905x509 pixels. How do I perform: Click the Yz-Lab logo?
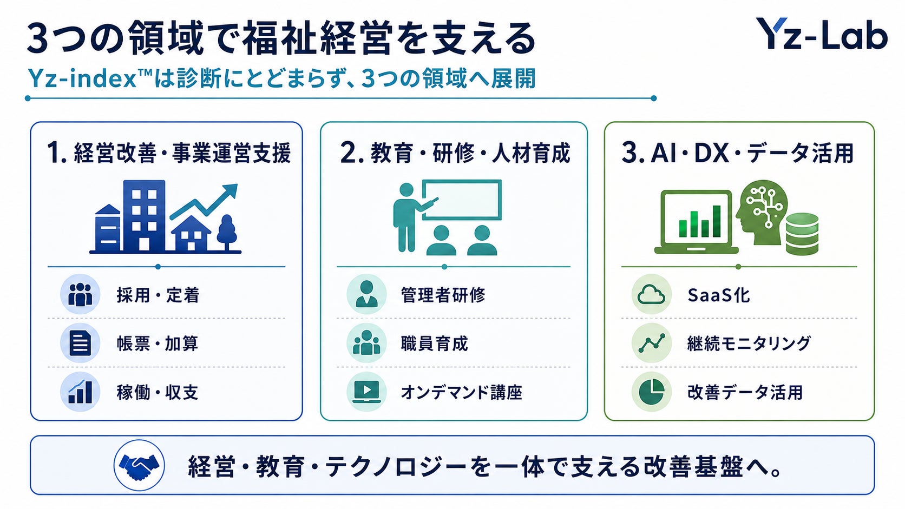pos(822,34)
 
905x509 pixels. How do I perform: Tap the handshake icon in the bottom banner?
pos(140,465)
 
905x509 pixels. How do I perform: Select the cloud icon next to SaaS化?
pos(651,295)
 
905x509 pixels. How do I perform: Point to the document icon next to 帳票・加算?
pos(80,343)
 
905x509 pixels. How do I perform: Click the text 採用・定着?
pos(158,295)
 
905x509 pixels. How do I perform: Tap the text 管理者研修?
pos(443,295)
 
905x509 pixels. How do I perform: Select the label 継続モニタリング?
pos(749,343)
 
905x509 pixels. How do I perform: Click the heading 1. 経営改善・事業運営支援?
pos(169,153)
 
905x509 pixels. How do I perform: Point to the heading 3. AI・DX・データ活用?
pos(738,153)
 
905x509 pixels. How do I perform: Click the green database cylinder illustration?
pos(802,234)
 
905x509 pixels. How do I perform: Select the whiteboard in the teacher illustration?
pos(462,200)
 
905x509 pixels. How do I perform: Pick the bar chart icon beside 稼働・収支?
pos(80,392)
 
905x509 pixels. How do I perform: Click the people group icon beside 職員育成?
pos(366,343)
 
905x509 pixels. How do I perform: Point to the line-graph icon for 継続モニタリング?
pos(651,343)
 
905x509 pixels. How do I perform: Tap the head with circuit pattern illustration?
pos(762,212)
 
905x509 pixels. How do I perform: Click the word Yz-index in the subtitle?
pos(82,78)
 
